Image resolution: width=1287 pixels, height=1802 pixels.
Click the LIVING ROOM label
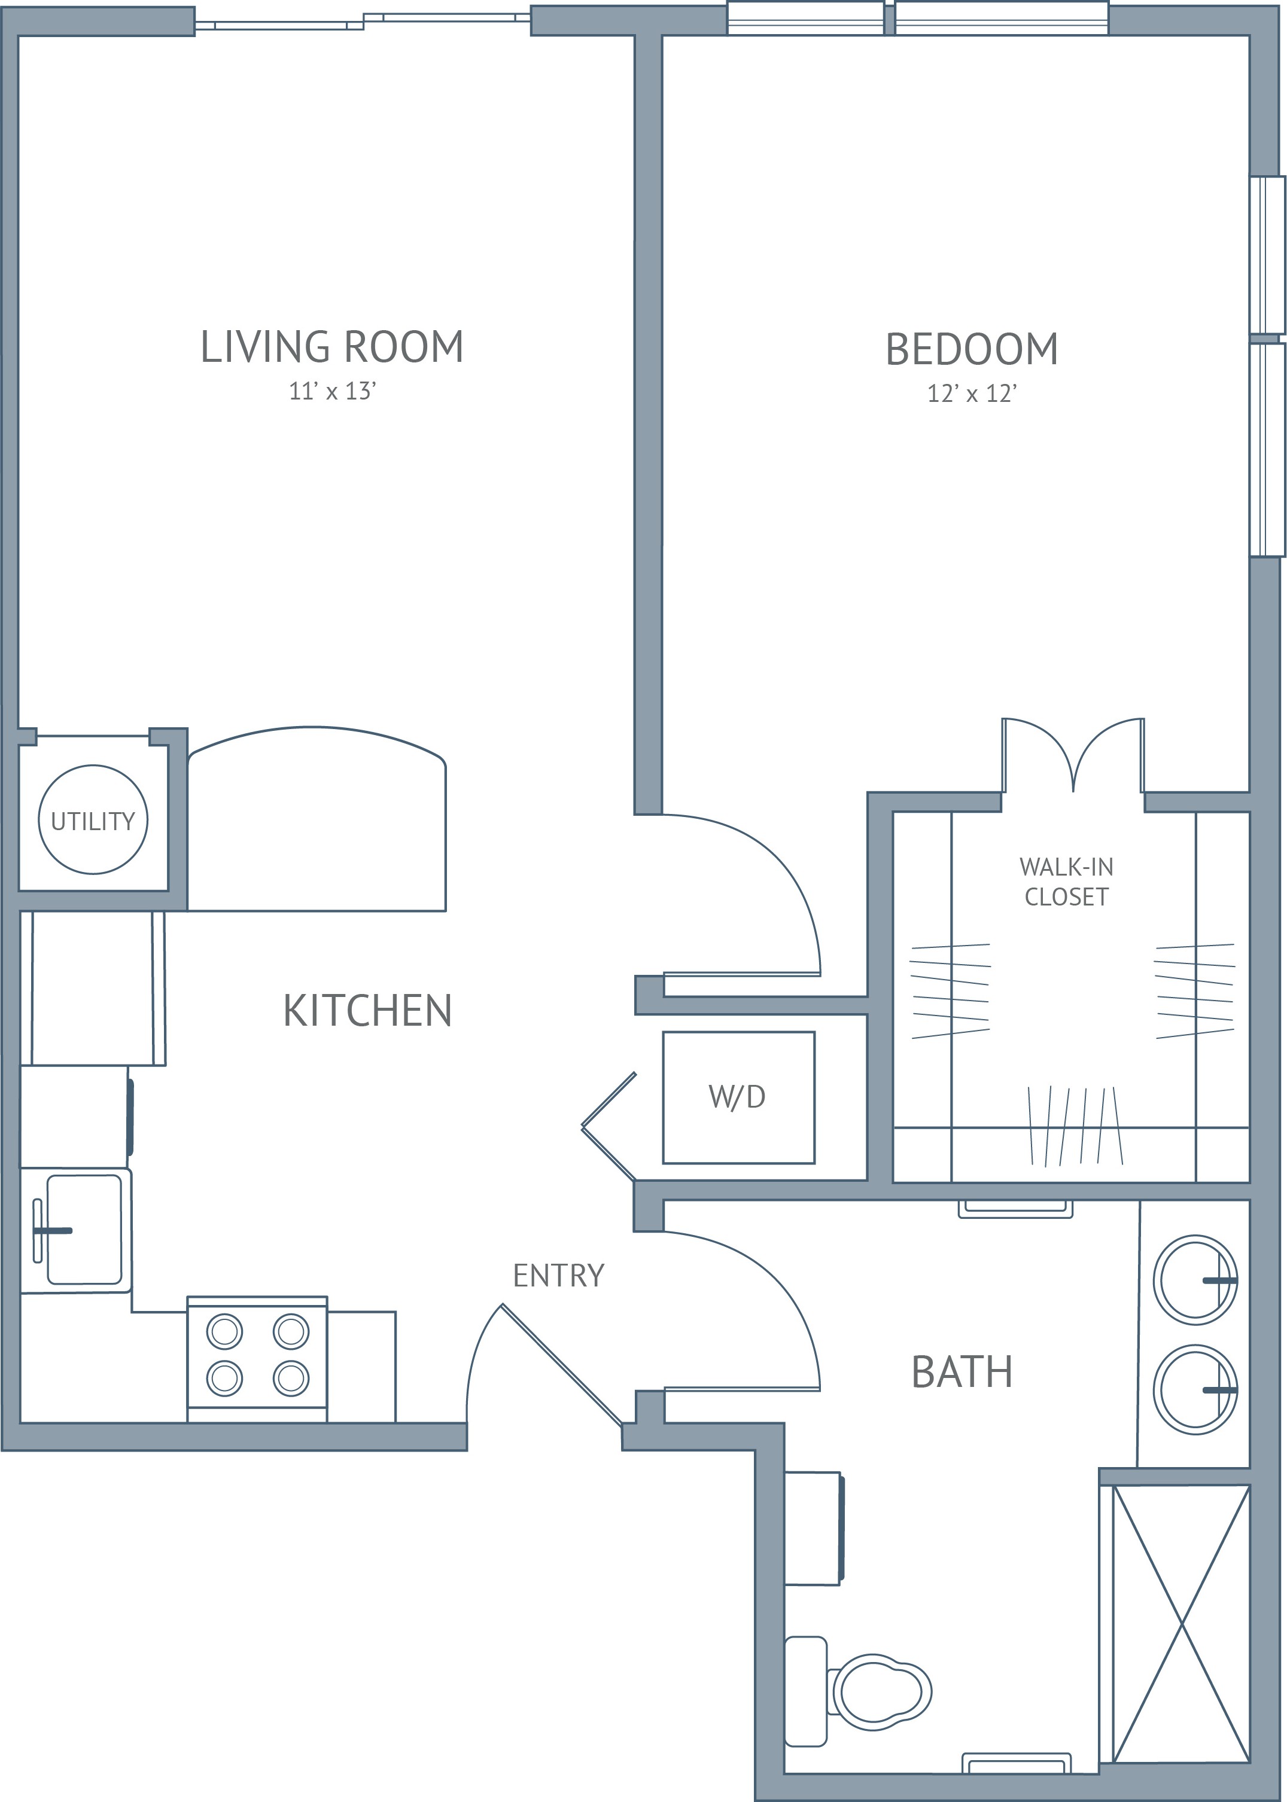[x=332, y=347]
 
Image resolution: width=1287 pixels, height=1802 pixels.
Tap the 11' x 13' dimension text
[x=332, y=391]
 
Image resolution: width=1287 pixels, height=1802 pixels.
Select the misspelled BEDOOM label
[x=972, y=349]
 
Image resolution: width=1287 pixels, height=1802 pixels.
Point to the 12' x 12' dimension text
[x=972, y=394]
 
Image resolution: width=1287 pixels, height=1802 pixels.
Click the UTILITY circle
[x=93, y=766]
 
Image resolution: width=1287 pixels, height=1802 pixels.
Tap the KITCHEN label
[x=368, y=1011]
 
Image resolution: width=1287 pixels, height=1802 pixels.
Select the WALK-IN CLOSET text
[x=1067, y=882]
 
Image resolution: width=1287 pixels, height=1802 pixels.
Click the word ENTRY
[x=559, y=1275]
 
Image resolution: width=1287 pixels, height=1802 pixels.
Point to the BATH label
[x=962, y=1372]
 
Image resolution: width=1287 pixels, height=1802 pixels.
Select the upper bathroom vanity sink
[x=1195, y=1280]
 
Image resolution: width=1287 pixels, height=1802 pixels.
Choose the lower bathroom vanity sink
[x=1195, y=1389]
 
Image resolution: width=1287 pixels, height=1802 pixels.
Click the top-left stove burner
[x=225, y=1331]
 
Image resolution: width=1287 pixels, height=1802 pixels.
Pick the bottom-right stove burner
[x=291, y=1378]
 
